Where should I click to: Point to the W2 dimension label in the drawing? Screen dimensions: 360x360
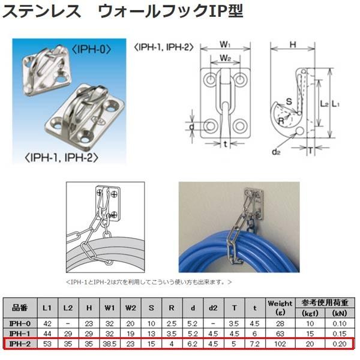(224, 58)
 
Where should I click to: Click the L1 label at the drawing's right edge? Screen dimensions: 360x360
(337, 103)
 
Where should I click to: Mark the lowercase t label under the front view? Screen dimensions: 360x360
(225, 145)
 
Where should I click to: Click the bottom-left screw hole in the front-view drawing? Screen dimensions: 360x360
(211, 126)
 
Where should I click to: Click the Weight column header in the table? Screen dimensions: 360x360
(280, 307)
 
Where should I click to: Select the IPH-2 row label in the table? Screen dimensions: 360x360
(22, 344)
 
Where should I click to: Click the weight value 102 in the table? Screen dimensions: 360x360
(280, 344)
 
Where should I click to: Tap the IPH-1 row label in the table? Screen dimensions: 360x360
(22, 334)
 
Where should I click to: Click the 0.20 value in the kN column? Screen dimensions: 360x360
(338, 344)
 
